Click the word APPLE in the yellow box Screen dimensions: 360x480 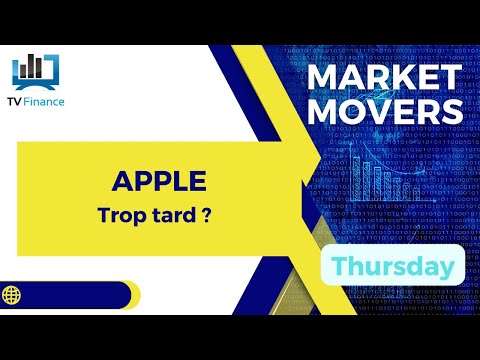click(159, 181)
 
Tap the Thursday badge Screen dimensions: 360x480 click(393, 267)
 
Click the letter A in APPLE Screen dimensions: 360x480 click(121, 181)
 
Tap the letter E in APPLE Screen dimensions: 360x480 click(197, 181)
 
